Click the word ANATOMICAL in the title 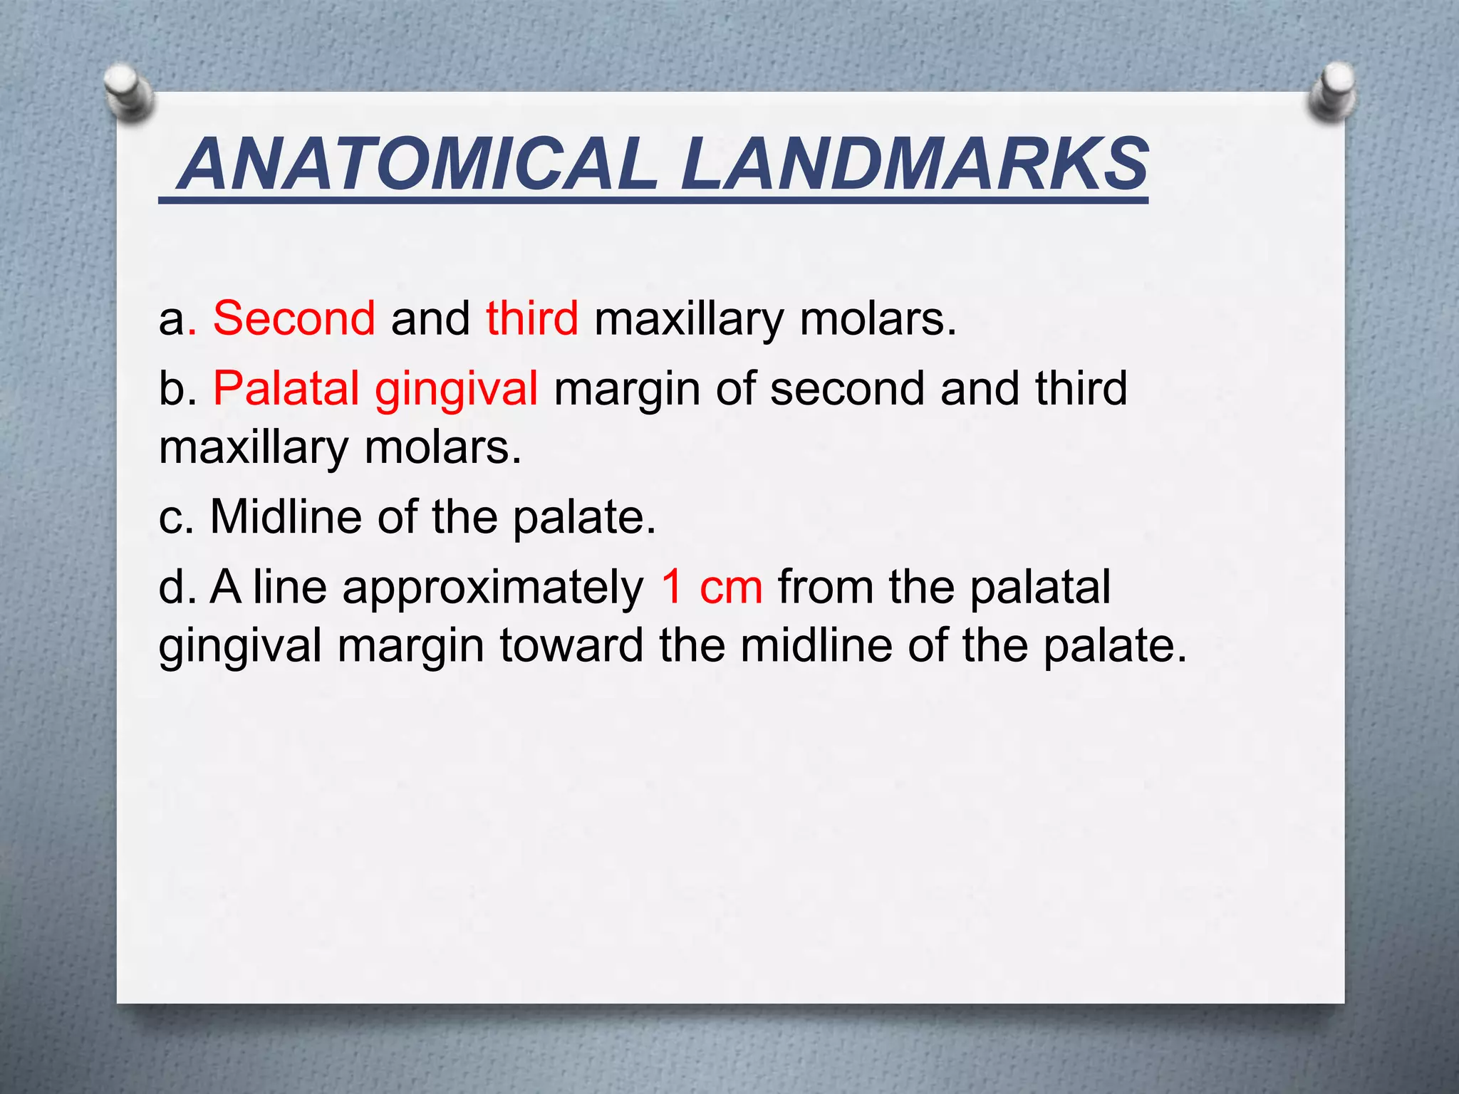pos(420,165)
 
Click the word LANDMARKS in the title pos(914,165)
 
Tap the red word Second pos(294,318)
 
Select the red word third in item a pos(532,318)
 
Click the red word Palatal pos(286,389)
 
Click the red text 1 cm pos(711,588)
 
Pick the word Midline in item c pos(286,516)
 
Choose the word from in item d pos(825,588)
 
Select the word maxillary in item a pos(688,319)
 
